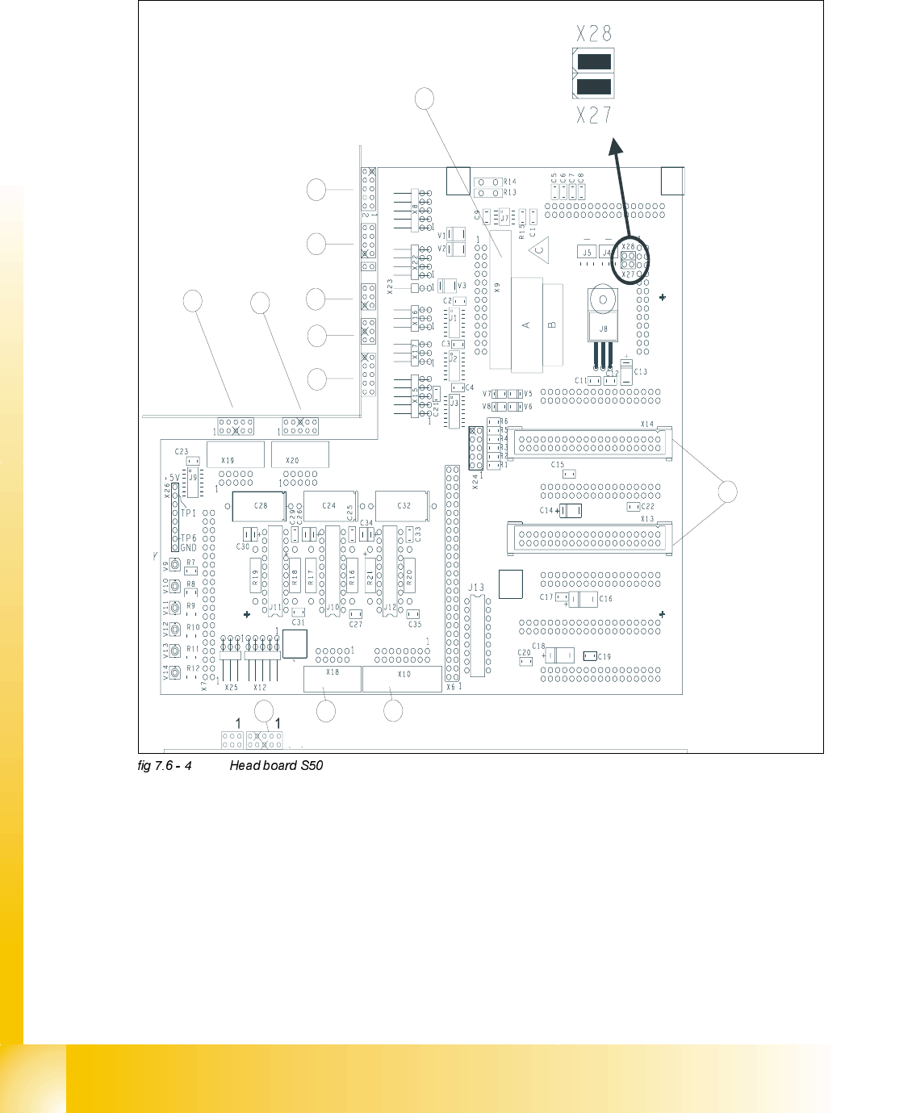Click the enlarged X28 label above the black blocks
(594, 33)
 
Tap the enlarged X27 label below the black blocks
(594, 115)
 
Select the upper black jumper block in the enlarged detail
(593, 61)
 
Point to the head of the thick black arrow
(615, 144)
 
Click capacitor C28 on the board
(260, 506)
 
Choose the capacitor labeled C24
(329, 506)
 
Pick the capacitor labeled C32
(404, 506)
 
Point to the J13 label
(476, 588)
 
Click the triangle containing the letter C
(539, 250)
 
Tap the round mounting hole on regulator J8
(602, 300)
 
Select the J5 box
(588, 253)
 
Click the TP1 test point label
(188, 513)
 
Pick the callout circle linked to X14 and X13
(727, 492)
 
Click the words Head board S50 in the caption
(276, 765)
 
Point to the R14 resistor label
(509, 182)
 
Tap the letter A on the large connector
(526, 324)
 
